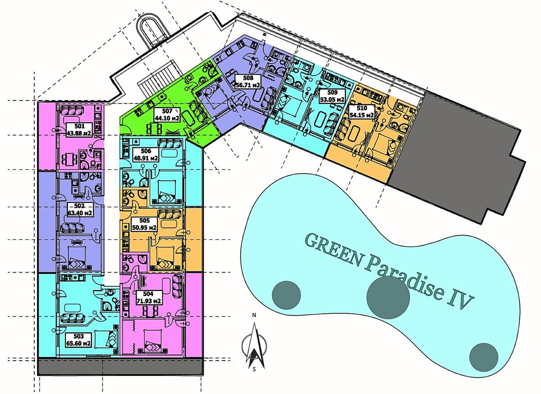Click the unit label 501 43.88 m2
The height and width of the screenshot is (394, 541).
pyautogui.click(x=80, y=130)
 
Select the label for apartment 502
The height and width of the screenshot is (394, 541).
pyautogui.click(x=79, y=210)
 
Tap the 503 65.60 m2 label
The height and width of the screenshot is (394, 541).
pyautogui.click(x=79, y=339)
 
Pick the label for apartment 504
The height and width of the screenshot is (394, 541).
pyautogui.click(x=148, y=298)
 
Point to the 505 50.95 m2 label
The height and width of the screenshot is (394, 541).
pyautogui.click(x=144, y=224)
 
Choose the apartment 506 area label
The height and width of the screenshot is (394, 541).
pyautogui.click(x=146, y=155)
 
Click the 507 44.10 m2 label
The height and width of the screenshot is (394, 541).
pyautogui.click(x=167, y=115)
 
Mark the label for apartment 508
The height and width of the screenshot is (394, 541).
pyautogui.click(x=248, y=82)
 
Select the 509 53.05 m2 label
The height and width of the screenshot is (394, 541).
pyautogui.click(x=332, y=96)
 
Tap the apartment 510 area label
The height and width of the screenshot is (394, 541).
pyautogui.click(x=362, y=112)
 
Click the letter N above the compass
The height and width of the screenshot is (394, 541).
pyautogui.click(x=254, y=315)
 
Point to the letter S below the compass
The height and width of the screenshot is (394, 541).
pyautogui.click(x=254, y=369)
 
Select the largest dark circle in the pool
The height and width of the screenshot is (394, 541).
pyautogui.click(x=388, y=298)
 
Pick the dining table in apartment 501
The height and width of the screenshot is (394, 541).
pyautogui.click(x=70, y=158)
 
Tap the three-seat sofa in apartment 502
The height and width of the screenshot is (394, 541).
pyautogui.click(x=73, y=228)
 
